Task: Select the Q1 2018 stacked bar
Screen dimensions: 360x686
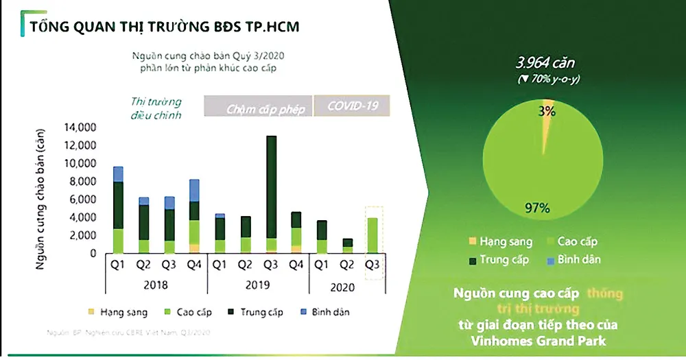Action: tap(118, 210)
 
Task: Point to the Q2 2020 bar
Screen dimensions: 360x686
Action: tap(348, 245)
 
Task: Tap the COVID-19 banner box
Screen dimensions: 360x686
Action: tap(352, 107)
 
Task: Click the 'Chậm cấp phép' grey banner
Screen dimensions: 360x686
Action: tap(258, 108)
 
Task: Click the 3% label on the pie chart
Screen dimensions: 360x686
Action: tap(547, 110)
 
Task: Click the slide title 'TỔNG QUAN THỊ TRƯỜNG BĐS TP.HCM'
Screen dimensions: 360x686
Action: tap(164, 26)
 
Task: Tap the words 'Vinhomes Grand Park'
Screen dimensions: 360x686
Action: tap(538, 339)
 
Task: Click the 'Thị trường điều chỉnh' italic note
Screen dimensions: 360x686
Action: tap(156, 108)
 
